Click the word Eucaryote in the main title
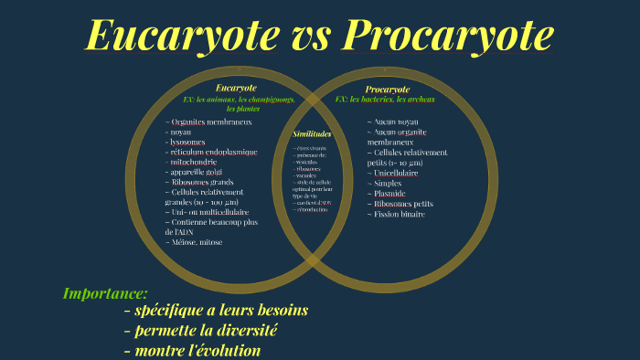tap(183, 37)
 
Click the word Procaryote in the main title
tap(449, 37)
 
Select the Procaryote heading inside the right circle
tap(387, 89)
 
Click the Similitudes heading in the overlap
tap(311, 133)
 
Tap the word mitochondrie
tap(194, 162)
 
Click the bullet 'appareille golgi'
tap(196, 172)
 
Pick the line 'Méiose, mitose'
tap(196, 242)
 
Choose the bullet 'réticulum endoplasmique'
tap(214, 152)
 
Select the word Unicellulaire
tap(396, 172)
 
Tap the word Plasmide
tap(388, 193)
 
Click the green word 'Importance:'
tap(105, 293)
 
